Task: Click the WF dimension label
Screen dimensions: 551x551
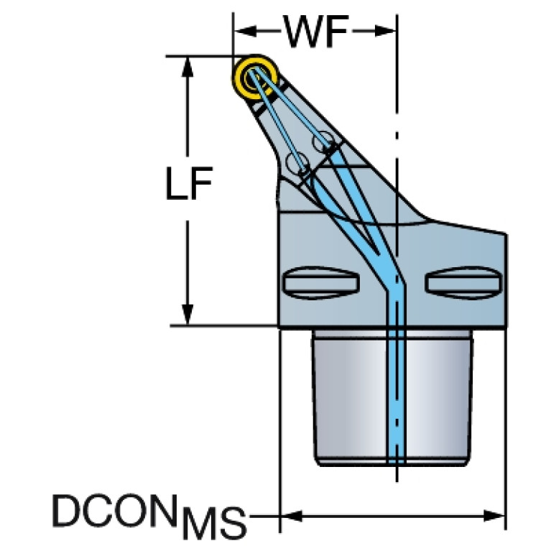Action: tap(316, 32)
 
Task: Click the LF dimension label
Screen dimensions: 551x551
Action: tap(189, 183)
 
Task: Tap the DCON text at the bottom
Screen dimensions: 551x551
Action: tap(114, 511)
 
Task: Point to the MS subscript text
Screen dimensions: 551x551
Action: tap(214, 523)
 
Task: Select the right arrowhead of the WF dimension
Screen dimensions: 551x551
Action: tap(385, 32)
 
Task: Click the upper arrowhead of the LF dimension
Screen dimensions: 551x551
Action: tap(187, 67)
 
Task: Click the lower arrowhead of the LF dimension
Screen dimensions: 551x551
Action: tap(187, 315)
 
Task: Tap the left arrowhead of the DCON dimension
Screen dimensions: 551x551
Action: tap(291, 517)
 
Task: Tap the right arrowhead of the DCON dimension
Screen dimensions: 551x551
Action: tap(494, 517)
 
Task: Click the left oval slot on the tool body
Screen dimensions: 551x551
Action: tap(321, 283)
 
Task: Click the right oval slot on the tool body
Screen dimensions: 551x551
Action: tap(464, 283)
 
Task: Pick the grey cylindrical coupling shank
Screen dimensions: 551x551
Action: tap(392, 398)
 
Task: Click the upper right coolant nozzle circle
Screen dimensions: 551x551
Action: tap(323, 142)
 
